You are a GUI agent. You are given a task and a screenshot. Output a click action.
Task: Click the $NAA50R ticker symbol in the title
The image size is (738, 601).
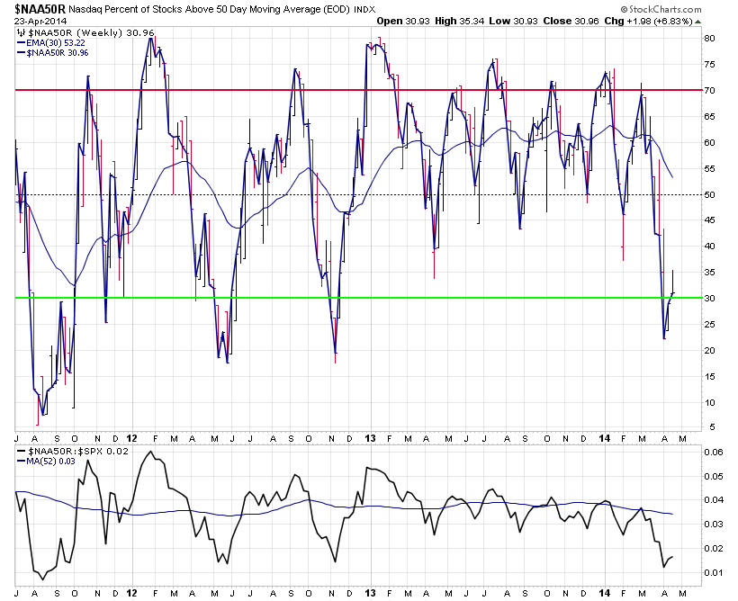(38, 8)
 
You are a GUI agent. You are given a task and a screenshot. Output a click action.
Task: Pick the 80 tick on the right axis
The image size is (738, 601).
(709, 39)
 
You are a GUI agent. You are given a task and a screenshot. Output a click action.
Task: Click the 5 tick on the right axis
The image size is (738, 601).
(709, 427)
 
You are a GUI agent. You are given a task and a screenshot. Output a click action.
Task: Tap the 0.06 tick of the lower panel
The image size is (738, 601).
(712, 452)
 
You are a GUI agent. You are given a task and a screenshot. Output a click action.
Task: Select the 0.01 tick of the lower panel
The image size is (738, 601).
(712, 572)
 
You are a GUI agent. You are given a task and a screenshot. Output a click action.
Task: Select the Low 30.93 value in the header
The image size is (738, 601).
(508, 21)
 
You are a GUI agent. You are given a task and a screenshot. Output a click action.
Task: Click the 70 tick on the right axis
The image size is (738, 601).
(709, 91)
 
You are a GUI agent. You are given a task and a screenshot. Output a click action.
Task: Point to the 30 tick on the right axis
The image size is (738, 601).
(709, 298)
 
